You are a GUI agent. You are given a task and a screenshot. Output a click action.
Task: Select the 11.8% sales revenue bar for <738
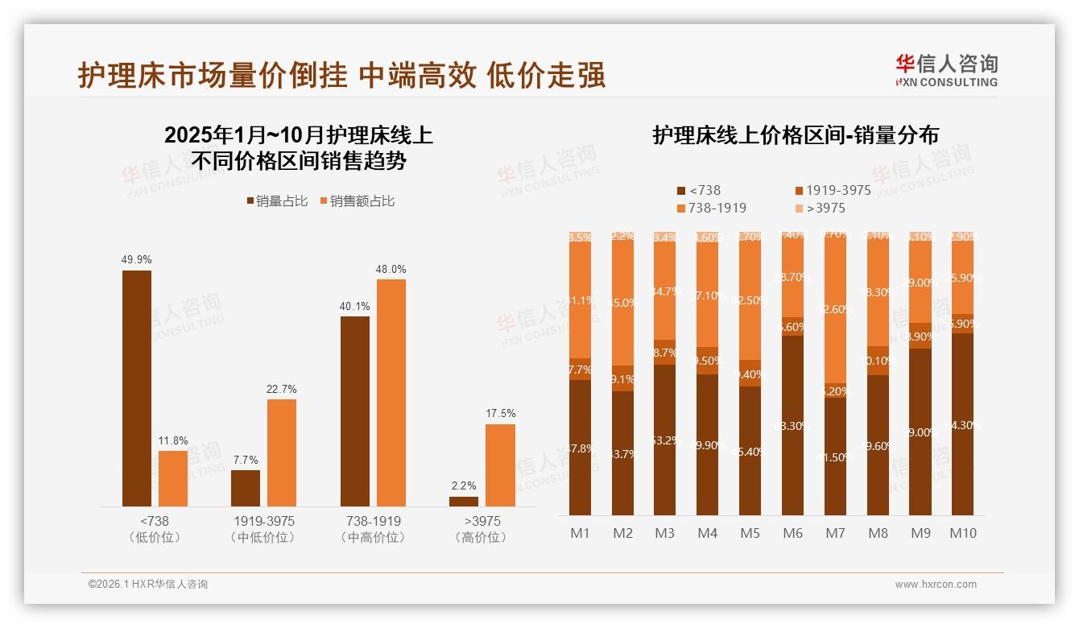(173, 478)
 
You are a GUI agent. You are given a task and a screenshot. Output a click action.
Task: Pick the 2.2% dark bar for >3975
(464, 502)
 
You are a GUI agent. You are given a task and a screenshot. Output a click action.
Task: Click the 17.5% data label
(500, 413)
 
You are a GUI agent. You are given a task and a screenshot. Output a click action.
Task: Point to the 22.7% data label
(282, 389)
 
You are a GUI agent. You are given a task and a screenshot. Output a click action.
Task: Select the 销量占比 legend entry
(277, 201)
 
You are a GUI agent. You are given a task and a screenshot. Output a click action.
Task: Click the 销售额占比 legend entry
(357, 201)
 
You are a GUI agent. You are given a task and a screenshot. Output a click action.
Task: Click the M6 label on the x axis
(793, 533)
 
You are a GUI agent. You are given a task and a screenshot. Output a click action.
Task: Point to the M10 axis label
(962, 533)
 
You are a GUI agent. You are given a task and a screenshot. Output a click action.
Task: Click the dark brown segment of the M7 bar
(836, 456)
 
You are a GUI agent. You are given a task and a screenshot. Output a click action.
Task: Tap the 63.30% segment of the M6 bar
(793, 425)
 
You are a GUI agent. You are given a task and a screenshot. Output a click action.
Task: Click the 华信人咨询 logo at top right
(946, 70)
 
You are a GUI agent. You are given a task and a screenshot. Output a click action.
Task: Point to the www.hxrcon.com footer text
(936, 585)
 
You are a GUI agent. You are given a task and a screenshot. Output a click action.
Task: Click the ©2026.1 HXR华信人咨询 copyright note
(148, 585)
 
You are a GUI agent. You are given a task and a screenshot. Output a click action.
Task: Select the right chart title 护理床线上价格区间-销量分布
(796, 135)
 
